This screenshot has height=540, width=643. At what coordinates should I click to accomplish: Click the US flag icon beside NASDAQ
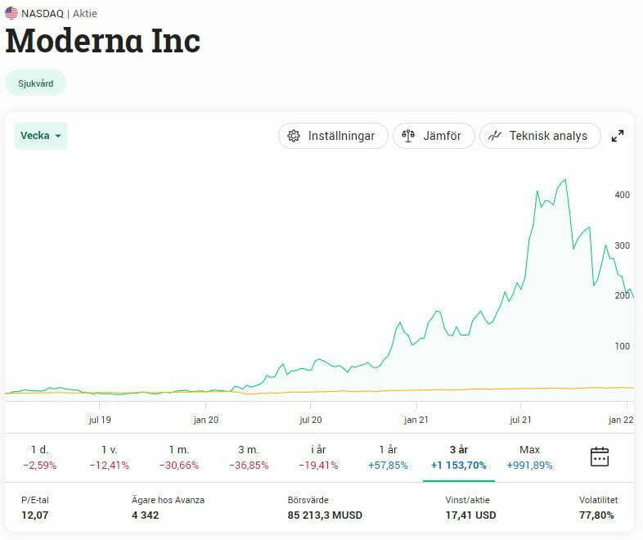(11, 13)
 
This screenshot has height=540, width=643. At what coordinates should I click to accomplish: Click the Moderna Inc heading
(103, 41)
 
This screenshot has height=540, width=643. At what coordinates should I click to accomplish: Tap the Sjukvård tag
(35, 83)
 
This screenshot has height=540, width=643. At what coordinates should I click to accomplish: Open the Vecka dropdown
(41, 136)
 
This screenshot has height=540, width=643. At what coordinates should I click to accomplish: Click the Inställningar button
(331, 136)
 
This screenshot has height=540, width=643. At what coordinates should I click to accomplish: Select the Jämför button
(434, 136)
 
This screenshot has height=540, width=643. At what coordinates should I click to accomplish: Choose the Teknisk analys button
(539, 136)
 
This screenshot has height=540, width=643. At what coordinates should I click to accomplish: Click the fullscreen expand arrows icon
(618, 136)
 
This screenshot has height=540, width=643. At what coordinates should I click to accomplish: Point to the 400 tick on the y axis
(622, 195)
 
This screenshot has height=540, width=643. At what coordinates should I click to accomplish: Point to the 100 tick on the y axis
(622, 346)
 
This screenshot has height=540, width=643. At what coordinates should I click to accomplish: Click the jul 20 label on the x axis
(311, 420)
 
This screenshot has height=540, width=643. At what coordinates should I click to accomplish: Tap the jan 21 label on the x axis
(416, 420)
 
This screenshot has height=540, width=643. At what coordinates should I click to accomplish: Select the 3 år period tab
(458, 457)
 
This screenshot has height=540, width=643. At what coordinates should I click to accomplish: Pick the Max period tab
(529, 457)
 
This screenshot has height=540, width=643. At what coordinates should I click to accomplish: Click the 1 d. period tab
(39, 457)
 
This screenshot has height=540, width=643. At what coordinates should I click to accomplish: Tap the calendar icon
(600, 457)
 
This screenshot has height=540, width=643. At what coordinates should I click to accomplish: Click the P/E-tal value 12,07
(34, 515)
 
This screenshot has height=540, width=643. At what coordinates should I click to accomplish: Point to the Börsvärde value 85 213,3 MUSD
(325, 515)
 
